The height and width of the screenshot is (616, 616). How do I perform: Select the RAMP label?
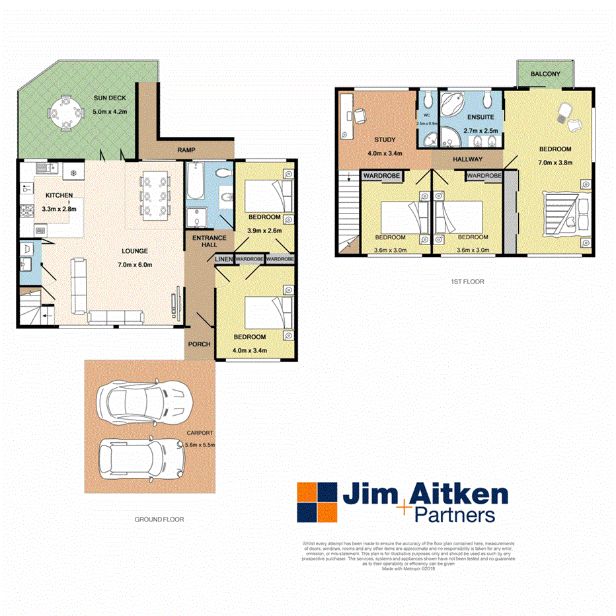coord(186,151)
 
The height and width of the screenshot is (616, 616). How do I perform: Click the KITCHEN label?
coord(59,196)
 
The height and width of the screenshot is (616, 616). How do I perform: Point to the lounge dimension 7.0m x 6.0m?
coord(135,265)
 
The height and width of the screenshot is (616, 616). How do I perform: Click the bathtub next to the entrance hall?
coord(196,182)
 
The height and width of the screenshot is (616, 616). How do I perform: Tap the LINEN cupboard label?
coord(224,259)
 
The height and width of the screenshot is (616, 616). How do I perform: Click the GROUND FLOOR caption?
coord(159,520)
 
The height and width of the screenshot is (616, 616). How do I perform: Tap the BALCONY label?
coord(546,75)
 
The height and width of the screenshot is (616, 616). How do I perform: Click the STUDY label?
coord(384,140)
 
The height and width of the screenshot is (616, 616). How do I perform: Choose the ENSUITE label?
coord(480,118)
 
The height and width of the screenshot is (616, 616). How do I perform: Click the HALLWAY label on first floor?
coord(467,160)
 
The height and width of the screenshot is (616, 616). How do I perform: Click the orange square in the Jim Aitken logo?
coord(308,492)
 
